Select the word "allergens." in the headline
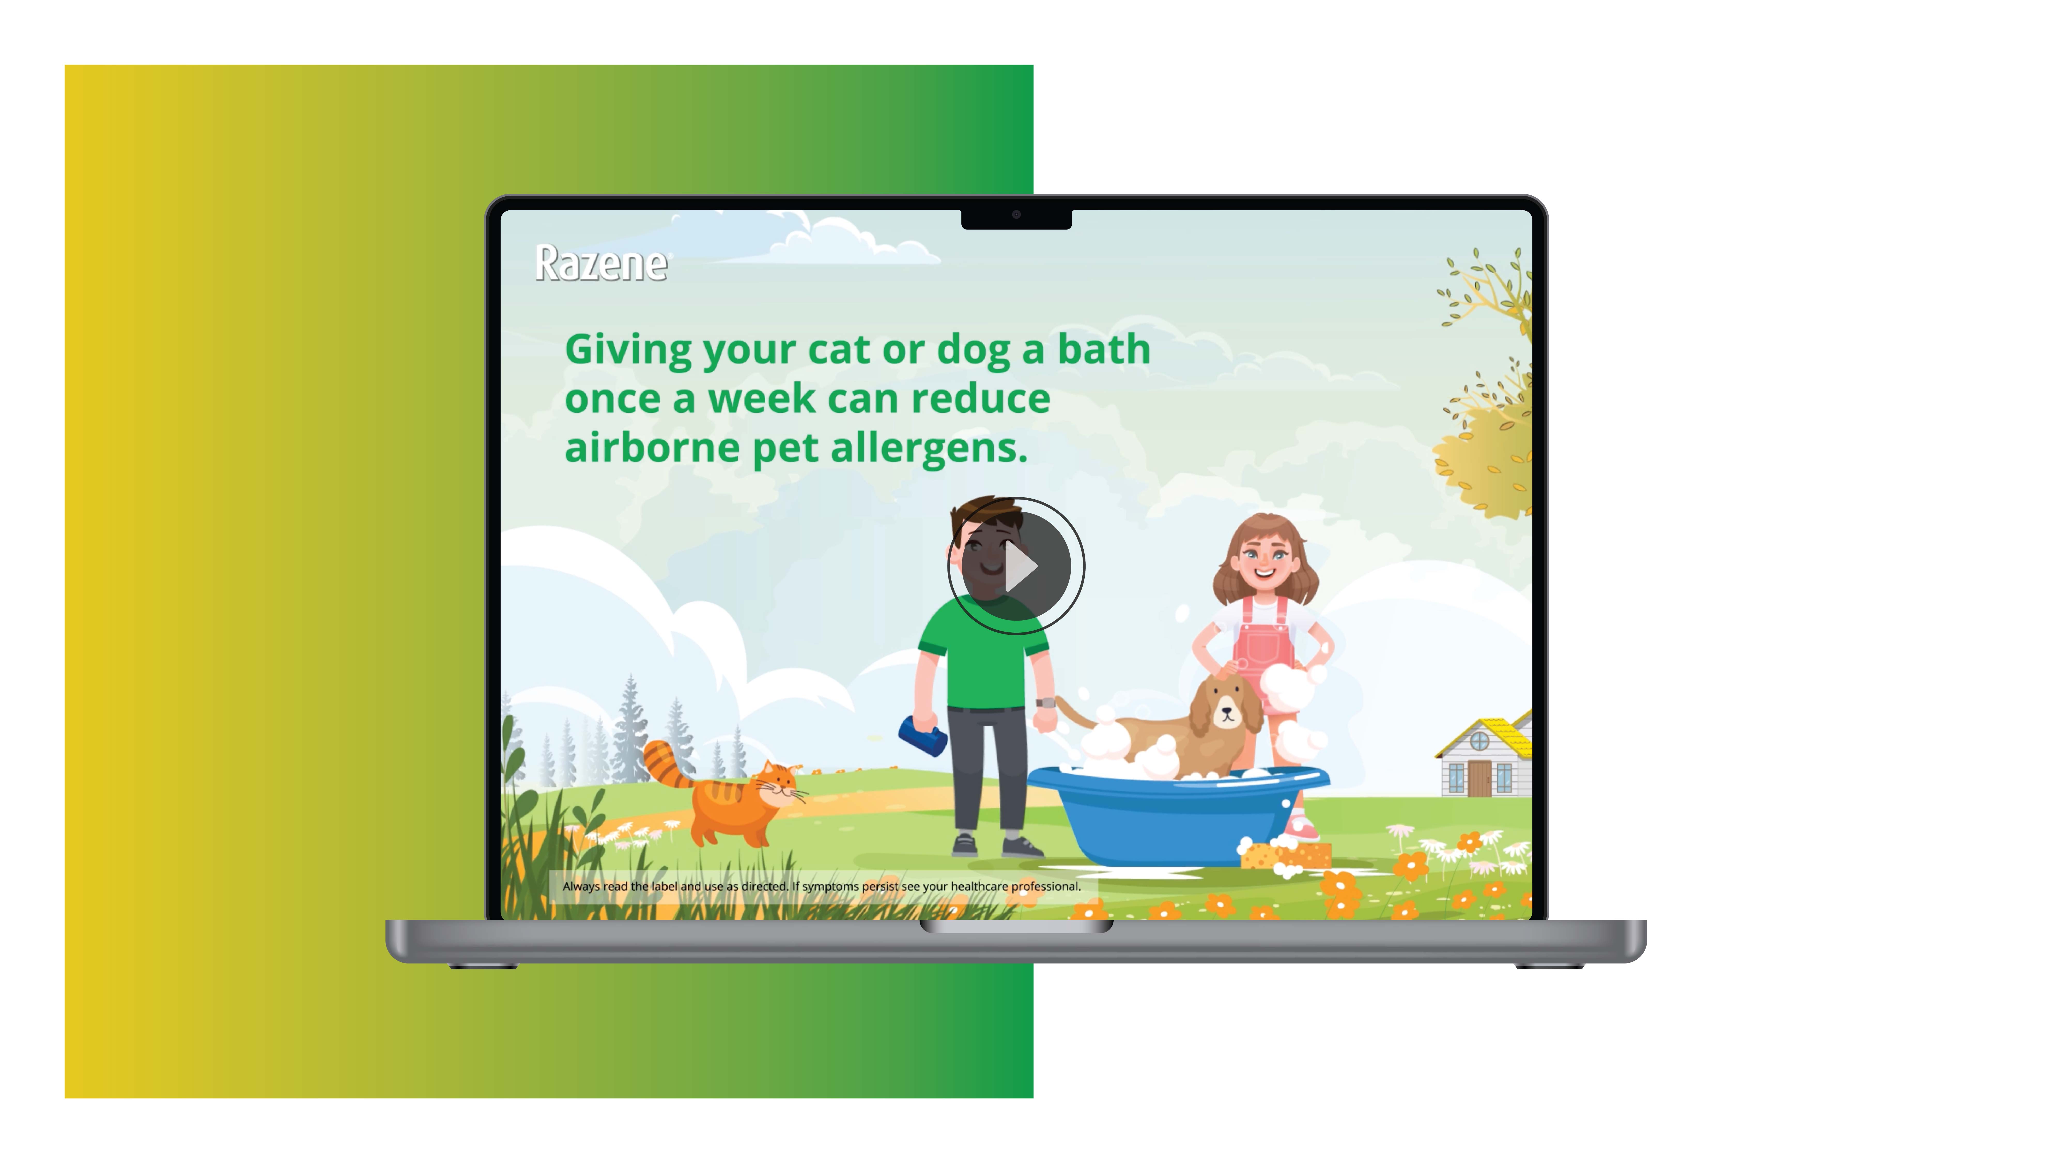pyautogui.click(x=929, y=448)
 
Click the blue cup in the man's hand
pyautogui.click(x=923, y=737)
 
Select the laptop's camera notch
pyautogui.click(x=1016, y=217)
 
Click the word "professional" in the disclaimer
pyautogui.click(x=1045, y=886)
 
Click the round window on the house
pyautogui.click(x=1479, y=743)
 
